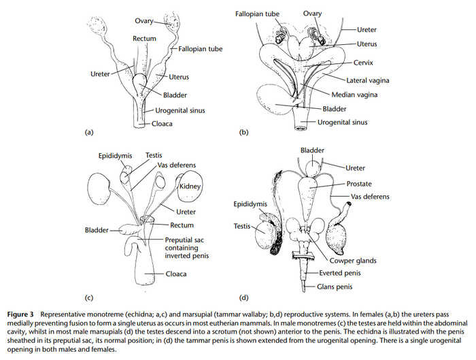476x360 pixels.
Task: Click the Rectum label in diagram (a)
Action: (x=144, y=39)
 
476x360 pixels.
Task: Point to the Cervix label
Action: (x=366, y=62)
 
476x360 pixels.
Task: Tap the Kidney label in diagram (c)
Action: (x=192, y=186)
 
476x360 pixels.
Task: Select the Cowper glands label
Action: (x=354, y=260)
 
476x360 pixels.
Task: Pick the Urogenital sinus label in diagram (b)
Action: (x=343, y=122)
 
